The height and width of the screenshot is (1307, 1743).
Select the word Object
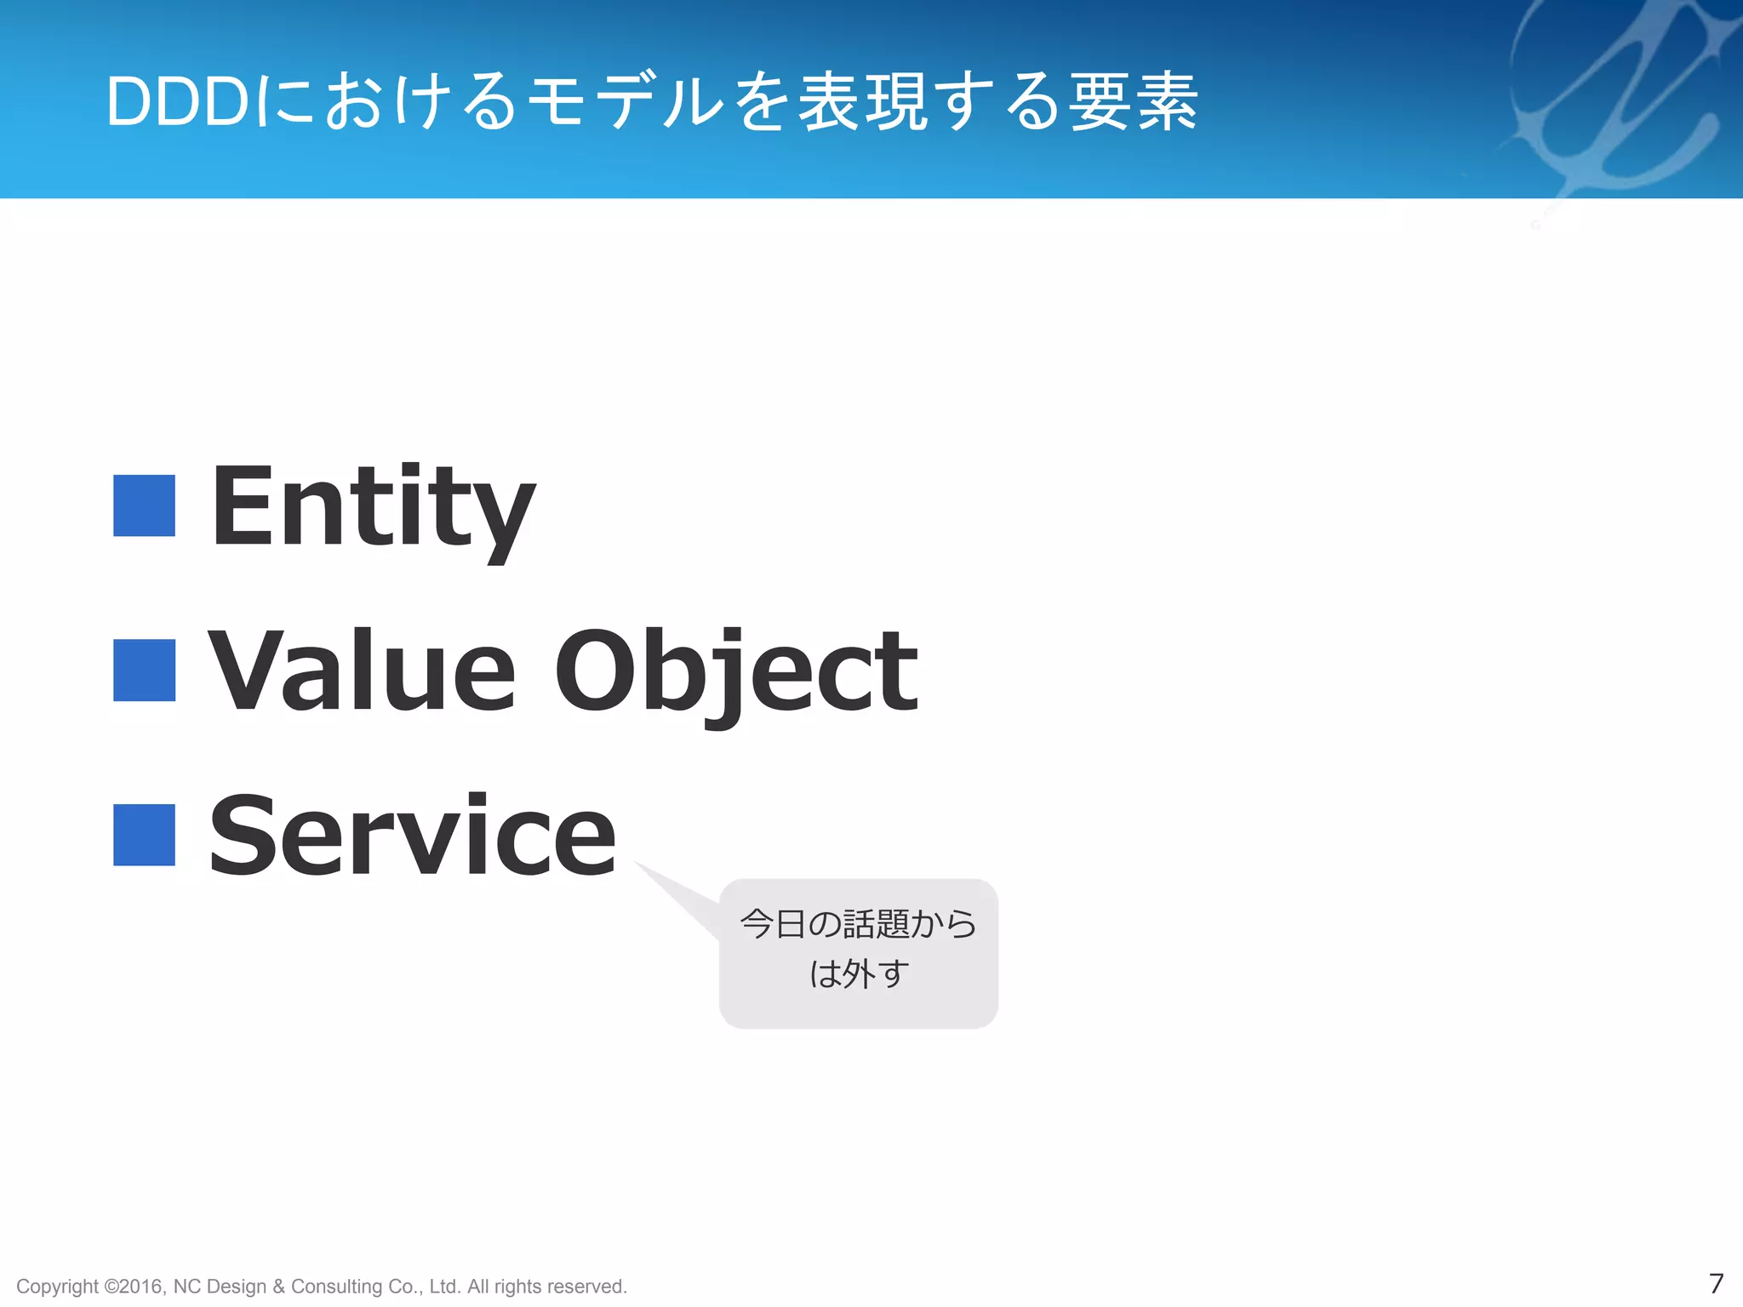tap(736, 672)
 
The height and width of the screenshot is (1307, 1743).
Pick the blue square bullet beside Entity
tap(145, 506)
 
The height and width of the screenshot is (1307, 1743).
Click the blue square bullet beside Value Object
tap(145, 671)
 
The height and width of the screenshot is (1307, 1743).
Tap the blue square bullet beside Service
tap(145, 835)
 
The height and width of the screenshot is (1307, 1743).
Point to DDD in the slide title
tap(177, 102)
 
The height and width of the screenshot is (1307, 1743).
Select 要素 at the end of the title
tap(1133, 102)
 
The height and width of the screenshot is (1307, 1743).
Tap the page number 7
tap(1716, 1283)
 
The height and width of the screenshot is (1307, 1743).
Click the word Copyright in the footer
tap(57, 1287)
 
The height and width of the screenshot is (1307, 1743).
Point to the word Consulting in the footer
tap(336, 1287)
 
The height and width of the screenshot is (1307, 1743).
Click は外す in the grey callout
tap(859, 973)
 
